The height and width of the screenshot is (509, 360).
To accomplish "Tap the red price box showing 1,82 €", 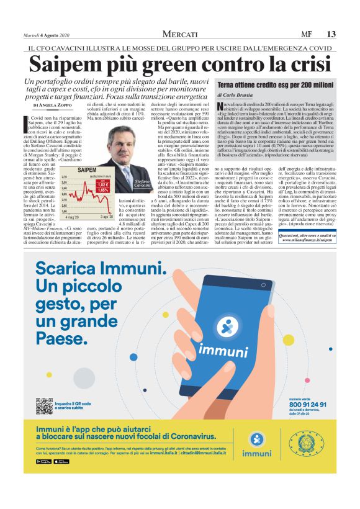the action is pyautogui.click(x=104, y=184).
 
